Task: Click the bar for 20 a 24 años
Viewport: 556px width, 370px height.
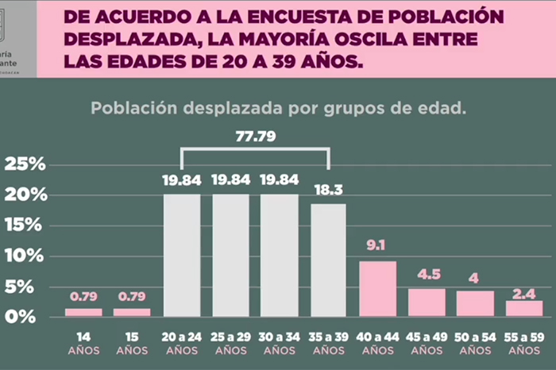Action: [182, 255]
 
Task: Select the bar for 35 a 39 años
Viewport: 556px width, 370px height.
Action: [328, 260]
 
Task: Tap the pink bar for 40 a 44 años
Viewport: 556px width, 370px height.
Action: [377, 288]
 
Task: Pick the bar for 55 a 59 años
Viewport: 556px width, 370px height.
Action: [524, 308]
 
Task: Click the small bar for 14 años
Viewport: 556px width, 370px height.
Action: [83, 312]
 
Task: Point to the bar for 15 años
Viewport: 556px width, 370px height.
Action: [132, 312]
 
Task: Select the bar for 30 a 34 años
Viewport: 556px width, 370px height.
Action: [280, 255]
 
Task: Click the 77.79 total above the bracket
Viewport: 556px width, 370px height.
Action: [256, 136]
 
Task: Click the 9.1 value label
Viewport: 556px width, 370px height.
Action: [377, 245]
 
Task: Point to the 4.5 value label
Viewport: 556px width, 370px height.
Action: [427, 275]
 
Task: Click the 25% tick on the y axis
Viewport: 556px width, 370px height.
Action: [26, 164]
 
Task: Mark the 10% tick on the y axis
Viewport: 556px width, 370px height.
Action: [26, 256]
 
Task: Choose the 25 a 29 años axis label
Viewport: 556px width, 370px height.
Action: [230, 342]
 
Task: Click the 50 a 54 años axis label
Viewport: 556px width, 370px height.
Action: [475, 342]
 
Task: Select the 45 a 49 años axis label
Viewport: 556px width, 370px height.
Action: [427, 342]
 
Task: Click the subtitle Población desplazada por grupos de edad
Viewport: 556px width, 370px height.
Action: [277, 108]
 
